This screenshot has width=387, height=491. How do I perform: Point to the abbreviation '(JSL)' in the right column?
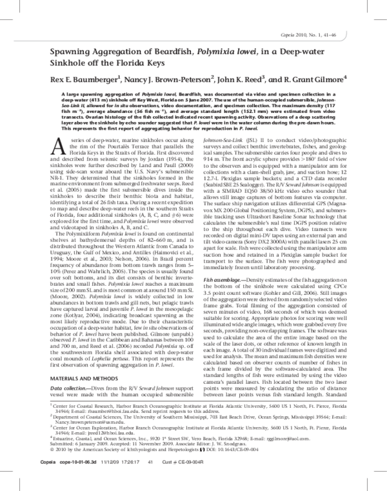pyautogui.click(x=273, y=141)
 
